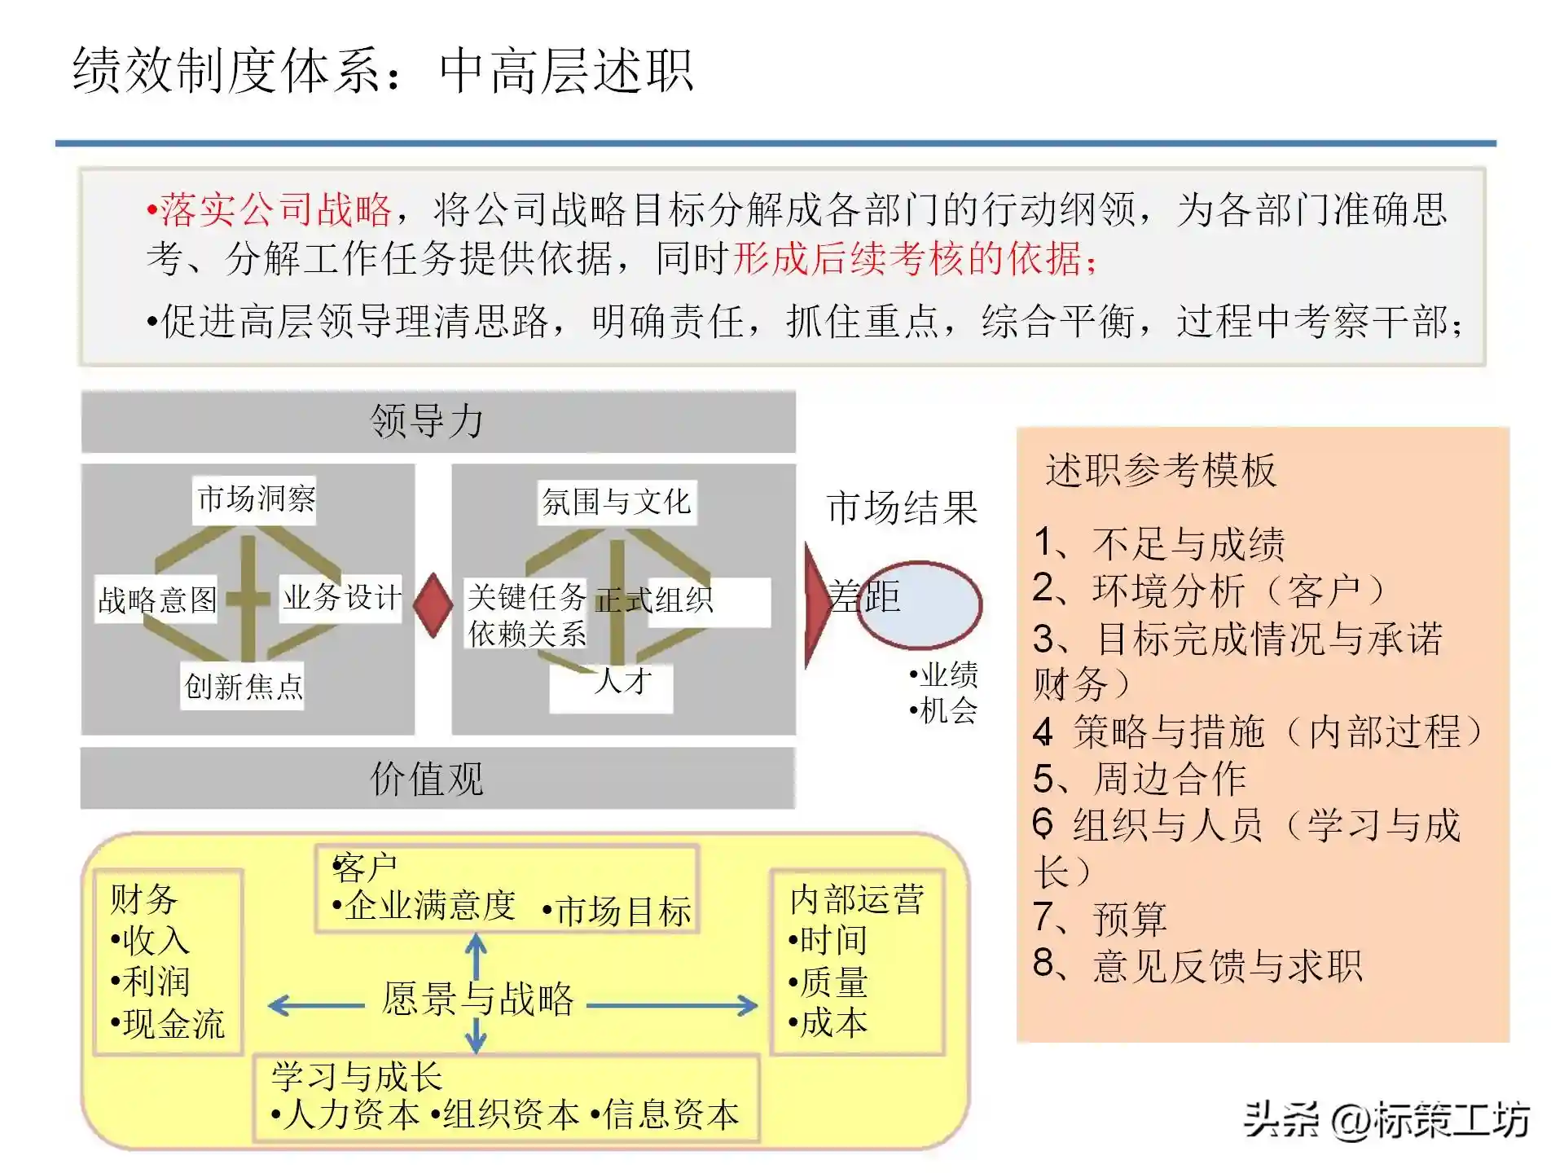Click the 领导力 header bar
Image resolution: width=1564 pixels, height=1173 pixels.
pyautogui.click(x=438, y=421)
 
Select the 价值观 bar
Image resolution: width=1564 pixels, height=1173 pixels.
pyautogui.click(x=437, y=778)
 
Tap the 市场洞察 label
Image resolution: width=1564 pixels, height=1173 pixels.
pyautogui.click(x=256, y=499)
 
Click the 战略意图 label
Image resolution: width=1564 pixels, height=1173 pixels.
pyautogui.click(x=157, y=600)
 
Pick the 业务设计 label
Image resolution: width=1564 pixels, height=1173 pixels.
pyautogui.click(x=341, y=598)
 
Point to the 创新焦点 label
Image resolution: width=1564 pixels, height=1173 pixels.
pyautogui.click(x=243, y=686)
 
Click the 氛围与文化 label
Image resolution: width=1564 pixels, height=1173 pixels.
pyautogui.click(x=617, y=502)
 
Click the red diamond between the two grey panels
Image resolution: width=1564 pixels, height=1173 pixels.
pyautogui.click(x=433, y=604)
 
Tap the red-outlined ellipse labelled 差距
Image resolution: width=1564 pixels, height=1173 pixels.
pyautogui.click(x=919, y=604)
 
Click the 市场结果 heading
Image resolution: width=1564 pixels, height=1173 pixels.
pyautogui.click(x=902, y=508)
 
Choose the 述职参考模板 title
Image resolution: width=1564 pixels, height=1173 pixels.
pyautogui.click(x=1161, y=470)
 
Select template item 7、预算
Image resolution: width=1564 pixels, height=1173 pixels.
pyautogui.click(x=1100, y=918)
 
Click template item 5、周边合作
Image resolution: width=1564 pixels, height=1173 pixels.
pyautogui.click(x=1140, y=778)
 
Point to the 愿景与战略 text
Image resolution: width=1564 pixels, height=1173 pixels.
pyautogui.click(x=478, y=999)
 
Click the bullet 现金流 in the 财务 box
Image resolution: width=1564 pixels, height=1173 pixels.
pyautogui.click(x=169, y=1024)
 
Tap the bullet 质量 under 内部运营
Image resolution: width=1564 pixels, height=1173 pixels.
pyautogui.click(x=829, y=982)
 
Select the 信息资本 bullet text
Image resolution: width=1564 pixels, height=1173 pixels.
pyautogui.click(x=666, y=1114)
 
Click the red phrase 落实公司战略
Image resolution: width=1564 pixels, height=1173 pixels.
pyautogui.click(x=274, y=210)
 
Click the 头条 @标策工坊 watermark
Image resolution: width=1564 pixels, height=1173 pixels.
pyautogui.click(x=1386, y=1119)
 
